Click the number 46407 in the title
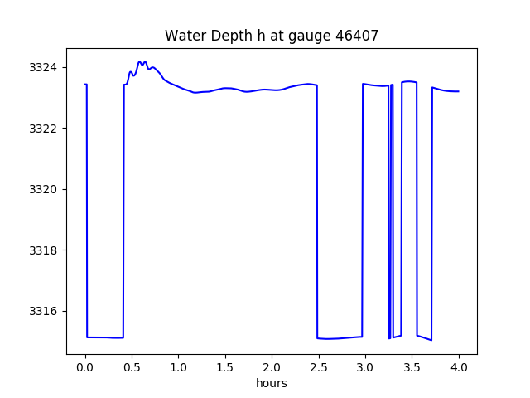coord(357,36)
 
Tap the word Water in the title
coord(183,36)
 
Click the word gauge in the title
coord(315,36)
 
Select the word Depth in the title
coord(224,36)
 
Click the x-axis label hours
coord(272,383)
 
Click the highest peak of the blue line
coord(140,61)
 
